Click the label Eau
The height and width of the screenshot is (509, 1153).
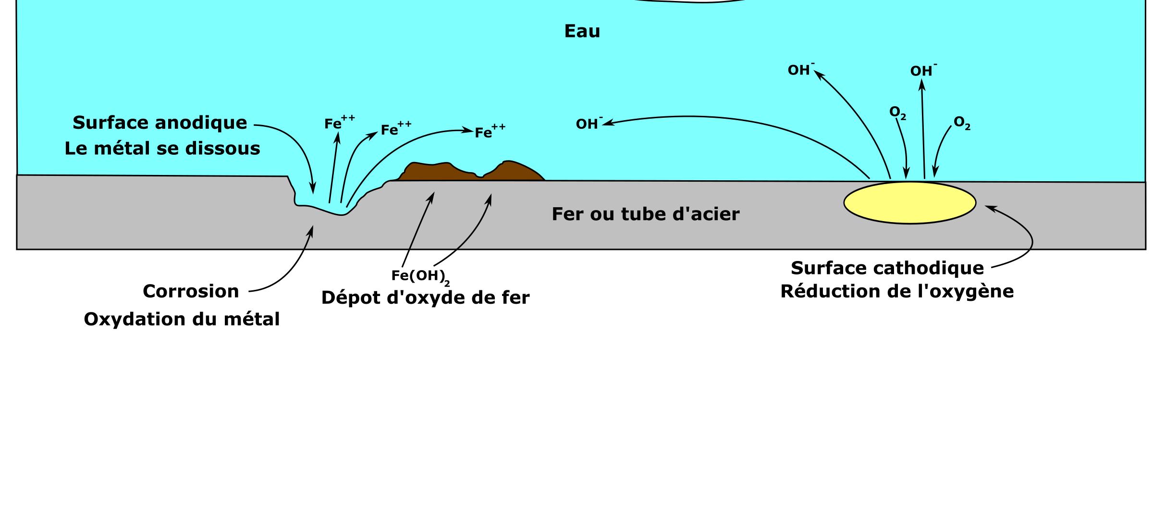click(x=582, y=32)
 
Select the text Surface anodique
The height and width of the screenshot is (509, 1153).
click(x=159, y=123)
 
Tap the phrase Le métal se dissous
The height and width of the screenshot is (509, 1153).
click(x=162, y=149)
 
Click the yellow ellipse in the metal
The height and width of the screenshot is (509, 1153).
click(x=909, y=202)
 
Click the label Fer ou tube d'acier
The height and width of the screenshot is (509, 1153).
click(x=645, y=214)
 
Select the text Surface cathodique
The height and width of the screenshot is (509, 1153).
click(x=887, y=268)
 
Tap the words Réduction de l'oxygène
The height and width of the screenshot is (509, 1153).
click(x=897, y=292)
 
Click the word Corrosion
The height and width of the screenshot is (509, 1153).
click(x=191, y=292)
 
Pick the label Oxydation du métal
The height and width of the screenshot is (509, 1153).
click(x=182, y=320)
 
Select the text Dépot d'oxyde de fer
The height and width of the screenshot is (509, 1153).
click(x=425, y=298)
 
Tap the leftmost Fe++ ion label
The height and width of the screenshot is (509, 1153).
click(x=339, y=123)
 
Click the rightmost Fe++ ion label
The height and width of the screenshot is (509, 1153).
click(x=490, y=132)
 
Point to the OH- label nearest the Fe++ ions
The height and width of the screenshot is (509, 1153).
click(x=589, y=124)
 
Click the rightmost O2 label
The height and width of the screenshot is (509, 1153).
click(x=962, y=123)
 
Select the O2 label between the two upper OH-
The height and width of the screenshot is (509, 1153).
click(x=897, y=113)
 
